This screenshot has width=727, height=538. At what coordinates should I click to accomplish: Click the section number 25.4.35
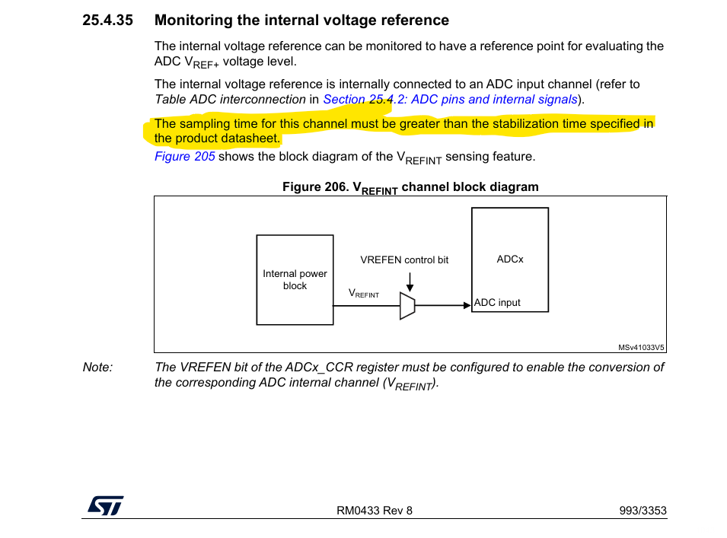tap(107, 21)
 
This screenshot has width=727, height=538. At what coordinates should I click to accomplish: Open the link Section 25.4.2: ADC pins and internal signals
tap(450, 100)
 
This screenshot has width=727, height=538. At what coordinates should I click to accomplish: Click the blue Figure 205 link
tap(184, 157)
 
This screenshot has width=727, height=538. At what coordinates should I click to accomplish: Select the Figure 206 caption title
tap(410, 187)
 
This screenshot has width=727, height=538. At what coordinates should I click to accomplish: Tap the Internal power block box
tap(295, 280)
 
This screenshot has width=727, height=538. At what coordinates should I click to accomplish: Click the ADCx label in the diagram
tap(510, 259)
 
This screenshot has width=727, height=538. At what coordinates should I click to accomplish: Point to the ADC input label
tap(497, 303)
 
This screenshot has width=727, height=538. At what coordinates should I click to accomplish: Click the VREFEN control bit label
tap(404, 260)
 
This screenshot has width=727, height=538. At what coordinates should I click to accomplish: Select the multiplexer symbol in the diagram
tap(407, 306)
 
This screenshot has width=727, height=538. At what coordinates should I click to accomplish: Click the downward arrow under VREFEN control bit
tap(410, 282)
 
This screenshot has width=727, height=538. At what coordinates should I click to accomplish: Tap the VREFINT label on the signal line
tap(364, 294)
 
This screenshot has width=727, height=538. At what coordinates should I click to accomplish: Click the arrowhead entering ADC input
tap(467, 306)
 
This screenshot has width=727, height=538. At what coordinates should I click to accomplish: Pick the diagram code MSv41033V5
tap(641, 348)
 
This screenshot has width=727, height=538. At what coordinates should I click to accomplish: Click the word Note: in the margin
tap(97, 368)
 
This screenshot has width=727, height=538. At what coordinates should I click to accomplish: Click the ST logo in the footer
tap(104, 505)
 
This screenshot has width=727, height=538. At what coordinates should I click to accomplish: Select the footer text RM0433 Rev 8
tap(375, 511)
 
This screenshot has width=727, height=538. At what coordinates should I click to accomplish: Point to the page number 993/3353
tap(643, 511)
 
